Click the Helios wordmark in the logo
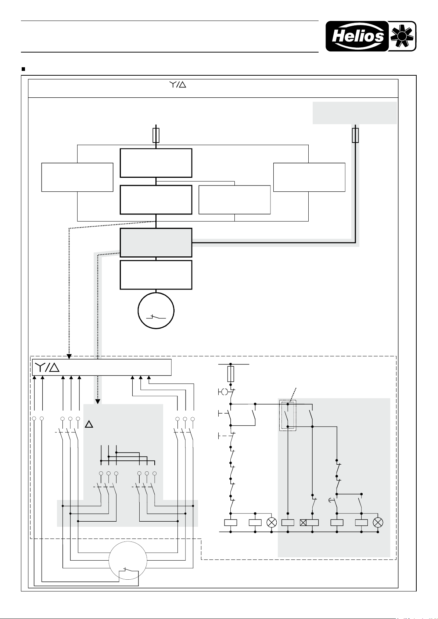[358, 36]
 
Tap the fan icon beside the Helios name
[402, 36]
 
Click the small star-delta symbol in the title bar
[177, 84]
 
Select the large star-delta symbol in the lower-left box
[47, 367]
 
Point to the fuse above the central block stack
[156, 136]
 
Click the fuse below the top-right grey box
[355, 136]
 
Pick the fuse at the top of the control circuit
[230, 374]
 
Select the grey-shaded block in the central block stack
[156, 242]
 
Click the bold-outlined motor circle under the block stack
[156, 311]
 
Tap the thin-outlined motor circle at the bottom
[128, 561]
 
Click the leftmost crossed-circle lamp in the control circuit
[272, 522]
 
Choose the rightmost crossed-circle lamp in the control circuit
[378, 522]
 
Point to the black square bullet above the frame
[23, 69]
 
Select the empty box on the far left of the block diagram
[78, 177]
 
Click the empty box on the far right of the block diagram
[309, 177]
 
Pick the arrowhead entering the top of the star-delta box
[69, 356]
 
